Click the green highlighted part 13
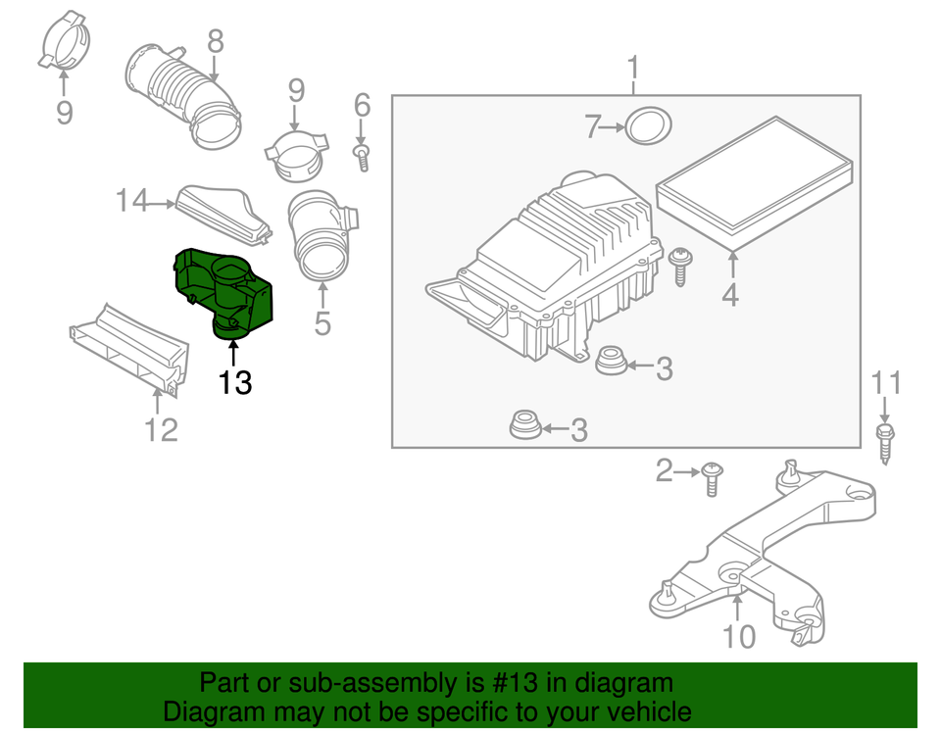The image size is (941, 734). (223, 290)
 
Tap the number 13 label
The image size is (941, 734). (235, 382)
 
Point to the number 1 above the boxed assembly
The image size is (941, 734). (633, 69)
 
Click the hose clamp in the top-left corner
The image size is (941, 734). (63, 43)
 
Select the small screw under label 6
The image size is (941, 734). (363, 157)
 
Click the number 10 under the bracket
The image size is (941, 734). (739, 637)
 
